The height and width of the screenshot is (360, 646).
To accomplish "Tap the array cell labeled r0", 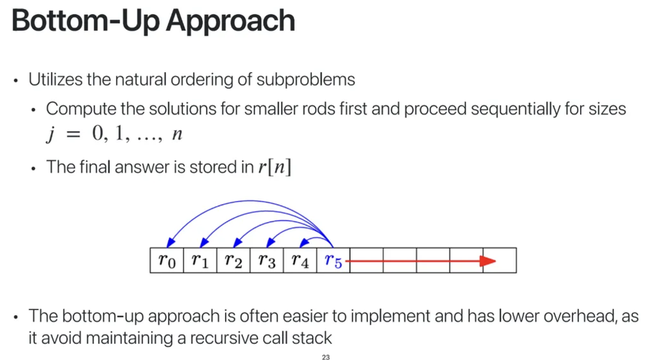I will click(x=167, y=261).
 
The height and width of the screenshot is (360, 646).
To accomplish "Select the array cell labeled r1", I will click(x=200, y=261).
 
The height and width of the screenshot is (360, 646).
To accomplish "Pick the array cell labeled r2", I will click(x=234, y=261).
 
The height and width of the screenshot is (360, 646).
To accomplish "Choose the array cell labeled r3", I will click(x=267, y=261).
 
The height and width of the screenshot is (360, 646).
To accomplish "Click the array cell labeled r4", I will click(x=300, y=261).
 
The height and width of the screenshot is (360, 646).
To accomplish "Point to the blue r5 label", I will click(x=333, y=261).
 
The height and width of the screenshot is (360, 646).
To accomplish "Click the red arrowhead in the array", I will click(x=488, y=261).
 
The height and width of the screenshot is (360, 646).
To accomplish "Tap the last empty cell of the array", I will click(x=500, y=261).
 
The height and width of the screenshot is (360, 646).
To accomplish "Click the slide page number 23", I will click(x=326, y=356).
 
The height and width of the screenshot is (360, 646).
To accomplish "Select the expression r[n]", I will click(x=274, y=167).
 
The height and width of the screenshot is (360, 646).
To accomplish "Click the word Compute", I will click(x=73, y=110).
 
